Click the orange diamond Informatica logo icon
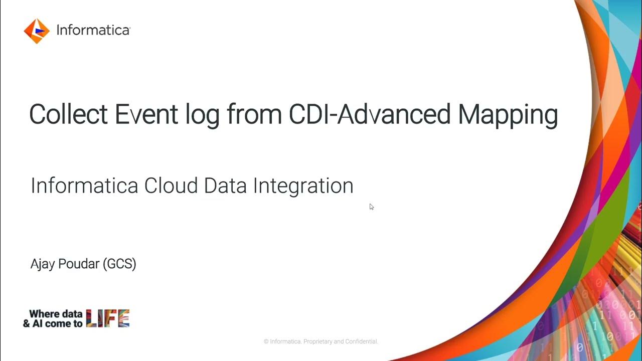click(37, 31)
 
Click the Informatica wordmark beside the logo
click(93, 30)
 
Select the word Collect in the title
click(68, 115)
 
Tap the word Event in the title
click(146, 115)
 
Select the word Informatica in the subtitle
click(84, 186)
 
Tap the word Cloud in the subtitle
click(172, 186)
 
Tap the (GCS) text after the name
click(119, 264)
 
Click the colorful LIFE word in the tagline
click(108, 318)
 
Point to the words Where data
click(56, 314)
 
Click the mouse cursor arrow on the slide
click(371, 207)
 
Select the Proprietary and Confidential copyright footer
click(321, 341)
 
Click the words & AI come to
click(53, 323)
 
